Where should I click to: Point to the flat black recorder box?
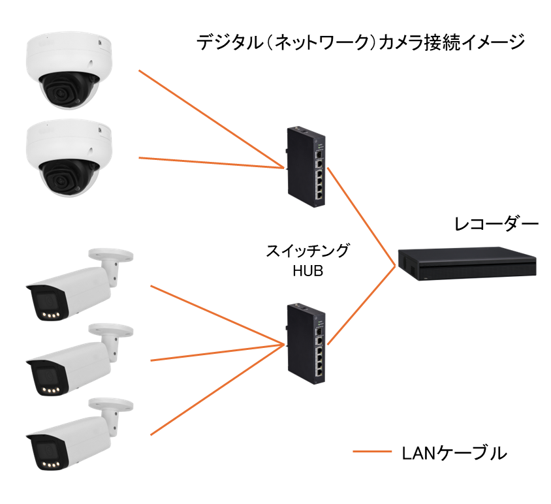(467, 262)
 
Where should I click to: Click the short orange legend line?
(372, 451)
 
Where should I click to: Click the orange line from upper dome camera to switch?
(209, 118)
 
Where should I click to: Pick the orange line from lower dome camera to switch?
(209, 163)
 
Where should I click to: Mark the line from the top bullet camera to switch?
(215, 313)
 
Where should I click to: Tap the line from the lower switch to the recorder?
(362, 304)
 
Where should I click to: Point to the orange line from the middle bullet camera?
(215, 351)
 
